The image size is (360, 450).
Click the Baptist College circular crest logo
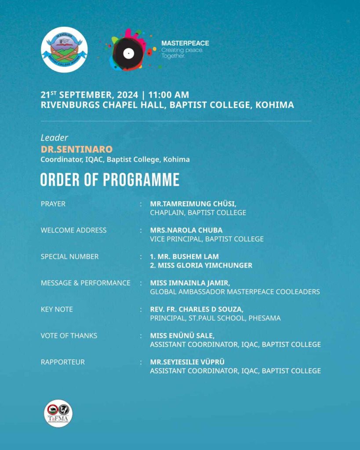[x=64, y=50]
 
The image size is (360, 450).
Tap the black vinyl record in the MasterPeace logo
[x=128, y=53]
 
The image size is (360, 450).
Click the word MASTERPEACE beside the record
[x=185, y=43]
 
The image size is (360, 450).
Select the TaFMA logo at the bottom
[x=58, y=414]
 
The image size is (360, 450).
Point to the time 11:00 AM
[x=170, y=94]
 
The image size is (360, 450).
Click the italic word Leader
[x=55, y=138]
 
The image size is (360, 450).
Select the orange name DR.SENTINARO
[x=76, y=149]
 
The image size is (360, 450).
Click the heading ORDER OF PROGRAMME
[x=110, y=180]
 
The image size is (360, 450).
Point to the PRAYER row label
[x=53, y=204]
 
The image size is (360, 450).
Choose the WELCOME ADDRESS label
[x=73, y=230]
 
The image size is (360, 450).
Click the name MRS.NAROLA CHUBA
[x=186, y=230]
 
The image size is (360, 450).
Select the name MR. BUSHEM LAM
[x=184, y=257]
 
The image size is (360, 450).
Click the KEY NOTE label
[x=57, y=309]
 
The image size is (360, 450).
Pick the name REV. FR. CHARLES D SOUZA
[x=196, y=309]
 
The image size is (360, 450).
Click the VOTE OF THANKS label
[x=69, y=336]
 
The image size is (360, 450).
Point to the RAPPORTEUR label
[x=63, y=362]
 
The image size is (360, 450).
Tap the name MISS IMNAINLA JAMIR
[x=190, y=283]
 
